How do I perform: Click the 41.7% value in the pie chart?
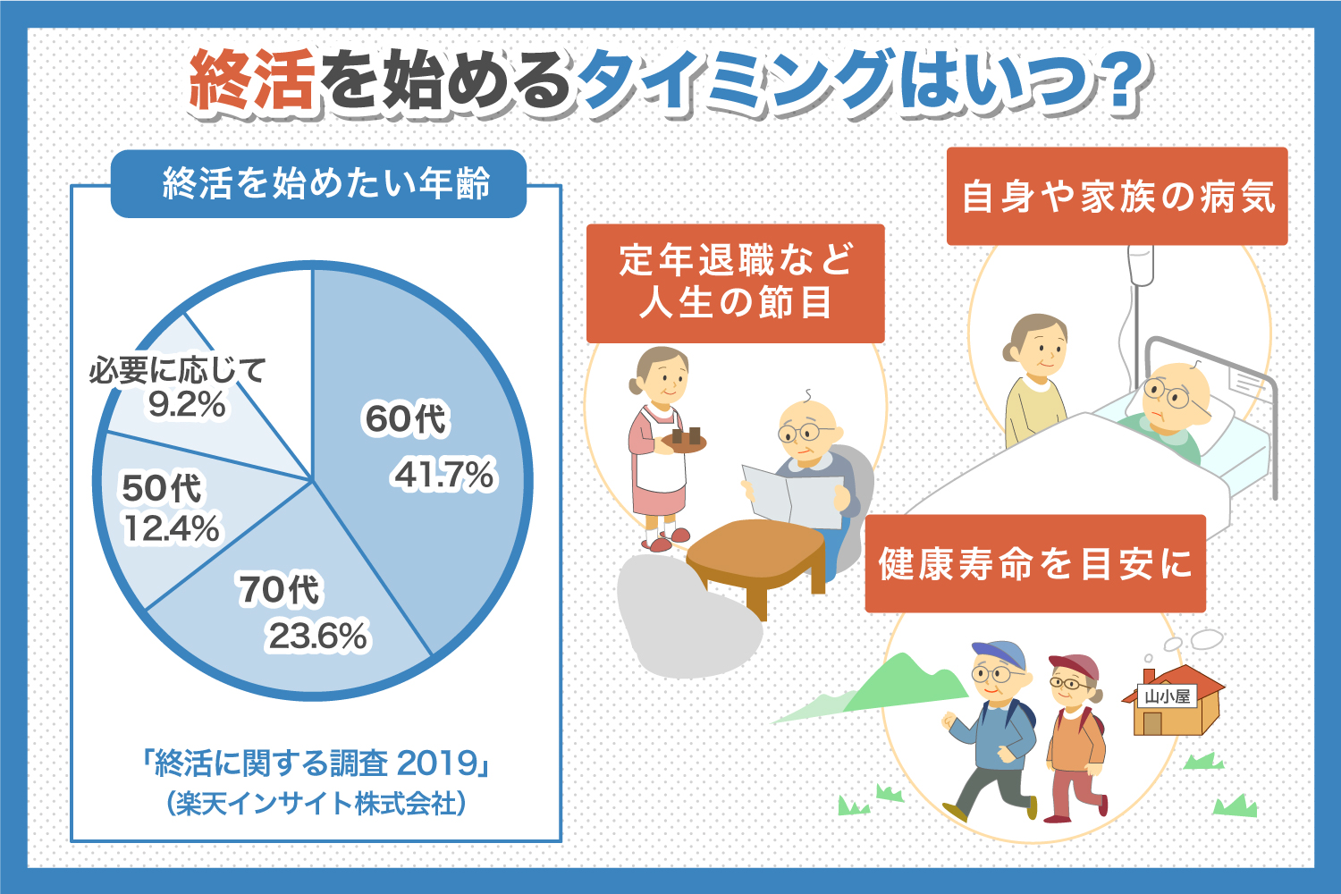click(444, 475)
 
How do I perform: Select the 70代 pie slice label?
click(279, 590)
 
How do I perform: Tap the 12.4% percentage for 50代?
click(171, 529)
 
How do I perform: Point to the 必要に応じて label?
click(177, 370)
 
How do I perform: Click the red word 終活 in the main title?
click(253, 81)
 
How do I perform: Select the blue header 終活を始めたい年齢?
click(318, 184)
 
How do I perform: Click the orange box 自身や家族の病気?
click(1117, 197)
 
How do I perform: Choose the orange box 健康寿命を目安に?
click(1035, 564)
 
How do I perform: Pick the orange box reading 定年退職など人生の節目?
click(735, 283)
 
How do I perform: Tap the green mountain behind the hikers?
click(903, 684)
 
